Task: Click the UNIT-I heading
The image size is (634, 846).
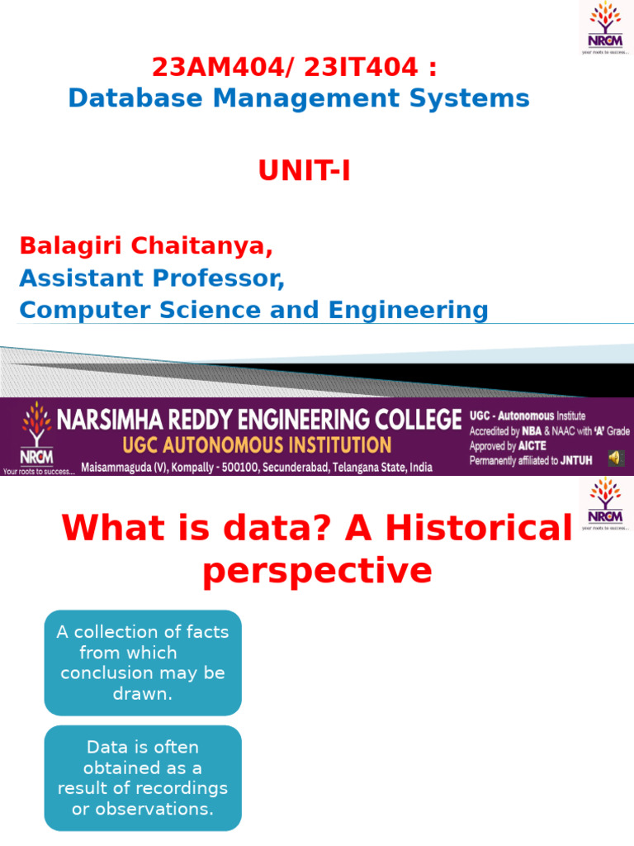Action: [305, 171]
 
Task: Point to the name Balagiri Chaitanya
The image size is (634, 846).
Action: [145, 245]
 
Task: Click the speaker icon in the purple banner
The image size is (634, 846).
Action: [615, 458]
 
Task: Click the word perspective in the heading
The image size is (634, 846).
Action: [317, 571]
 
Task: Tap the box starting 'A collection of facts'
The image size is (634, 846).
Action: [143, 663]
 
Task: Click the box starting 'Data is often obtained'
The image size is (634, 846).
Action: [143, 777]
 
